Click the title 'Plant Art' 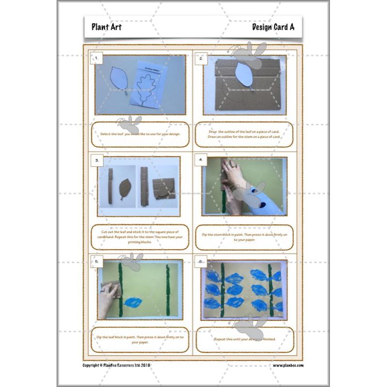pos(106,27)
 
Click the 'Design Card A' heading pos(273,27)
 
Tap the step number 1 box pos(97,59)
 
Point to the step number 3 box pos(97,160)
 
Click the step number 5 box pos(97,262)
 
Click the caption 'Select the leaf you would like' pos(140,134)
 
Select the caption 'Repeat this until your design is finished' pos(245,339)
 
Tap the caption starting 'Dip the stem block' pos(245,237)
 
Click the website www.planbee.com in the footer pos(288,365)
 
